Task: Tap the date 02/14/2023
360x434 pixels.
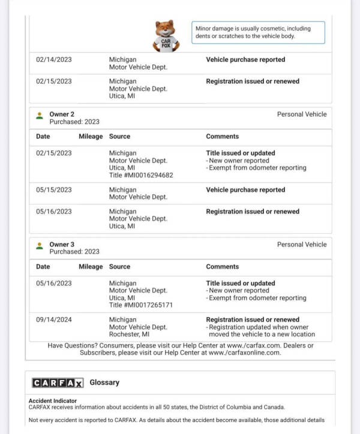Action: coord(53,60)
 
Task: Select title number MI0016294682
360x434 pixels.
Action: coord(141,175)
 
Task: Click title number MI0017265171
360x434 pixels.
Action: coord(141,305)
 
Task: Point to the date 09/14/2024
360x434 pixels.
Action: coord(53,320)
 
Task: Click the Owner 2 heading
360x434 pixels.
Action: coord(62,114)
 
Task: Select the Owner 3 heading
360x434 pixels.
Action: coord(62,245)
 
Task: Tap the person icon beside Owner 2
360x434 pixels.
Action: coord(40,115)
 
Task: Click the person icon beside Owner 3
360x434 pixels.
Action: coord(40,245)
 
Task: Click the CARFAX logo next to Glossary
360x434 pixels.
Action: coord(58,382)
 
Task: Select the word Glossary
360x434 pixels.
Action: coord(104,382)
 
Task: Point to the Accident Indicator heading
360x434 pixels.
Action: coord(53,401)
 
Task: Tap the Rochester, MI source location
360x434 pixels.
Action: coord(129,334)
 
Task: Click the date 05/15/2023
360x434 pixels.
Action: coord(53,190)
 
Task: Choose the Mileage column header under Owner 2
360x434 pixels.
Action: coord(91,136)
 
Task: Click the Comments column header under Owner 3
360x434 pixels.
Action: coord(222,266)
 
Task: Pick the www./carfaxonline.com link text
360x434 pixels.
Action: coord(244,352)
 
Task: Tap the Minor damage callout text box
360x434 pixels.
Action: coord(259,32)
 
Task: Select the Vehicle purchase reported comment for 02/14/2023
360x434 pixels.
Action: coord(245,60)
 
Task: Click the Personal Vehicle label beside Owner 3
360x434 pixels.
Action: coord(302,245)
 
